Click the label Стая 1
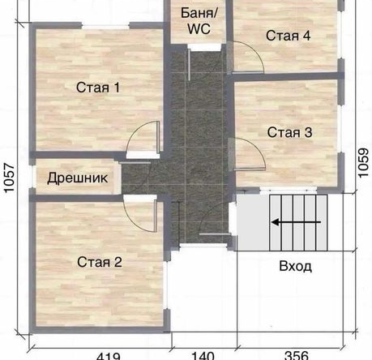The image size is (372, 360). (x=98, y=88)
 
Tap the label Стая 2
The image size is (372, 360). (x=100, y=261)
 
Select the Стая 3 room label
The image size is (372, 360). (x=289, y=132)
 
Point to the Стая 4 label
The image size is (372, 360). (x=289, y=36)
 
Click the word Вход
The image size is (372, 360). (x=295, y=266)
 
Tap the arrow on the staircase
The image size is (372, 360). (x=289, y=221)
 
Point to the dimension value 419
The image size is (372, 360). (x=109, y=354)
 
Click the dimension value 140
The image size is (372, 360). (x=203, y=354)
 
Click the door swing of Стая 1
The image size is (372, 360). (x=146, y=136)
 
